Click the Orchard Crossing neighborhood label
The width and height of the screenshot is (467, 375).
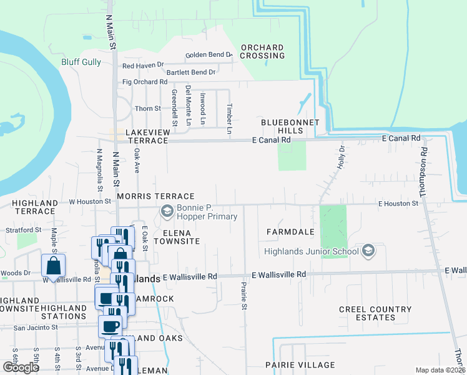click(x=262, y=51)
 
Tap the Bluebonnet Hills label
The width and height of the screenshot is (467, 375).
click(x=290, y=126)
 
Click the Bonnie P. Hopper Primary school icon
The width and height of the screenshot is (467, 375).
click(x=167, y=212)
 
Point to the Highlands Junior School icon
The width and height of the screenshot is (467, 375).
click(x=368, y=251)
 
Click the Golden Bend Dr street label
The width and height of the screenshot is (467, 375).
click(x=209, y=55)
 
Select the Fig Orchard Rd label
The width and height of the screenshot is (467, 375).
click(x=145, y=82)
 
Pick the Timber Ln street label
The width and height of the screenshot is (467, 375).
click(x=229, y=118)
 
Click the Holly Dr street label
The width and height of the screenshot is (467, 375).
click(x=342, y=158)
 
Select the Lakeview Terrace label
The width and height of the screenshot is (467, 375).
click(x=147, y=136)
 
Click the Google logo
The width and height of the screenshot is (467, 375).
click(x=21, y=367)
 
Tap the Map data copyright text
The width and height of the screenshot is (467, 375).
click(x=440, y=370)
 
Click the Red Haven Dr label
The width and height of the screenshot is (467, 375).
click(x=143, y=65)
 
